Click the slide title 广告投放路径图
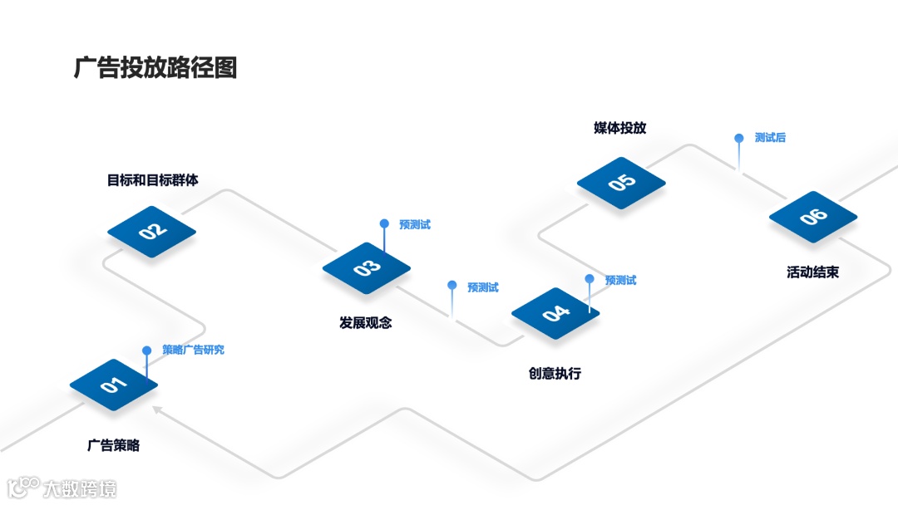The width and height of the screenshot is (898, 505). [155, 67]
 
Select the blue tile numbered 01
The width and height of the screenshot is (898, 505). [113, 385]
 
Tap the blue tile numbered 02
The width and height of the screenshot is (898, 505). [152, 232]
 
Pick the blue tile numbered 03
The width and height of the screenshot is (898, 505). [367, 267]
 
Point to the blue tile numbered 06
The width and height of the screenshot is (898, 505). [812, 217]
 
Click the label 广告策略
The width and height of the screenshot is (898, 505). [114, 445]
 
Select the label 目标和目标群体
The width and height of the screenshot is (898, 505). [153, 179]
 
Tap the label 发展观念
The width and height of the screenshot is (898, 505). [366, 323]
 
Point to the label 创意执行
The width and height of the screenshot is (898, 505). [555, 374]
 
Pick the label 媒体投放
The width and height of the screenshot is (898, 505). [620, 128]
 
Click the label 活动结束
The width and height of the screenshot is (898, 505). [812, 272]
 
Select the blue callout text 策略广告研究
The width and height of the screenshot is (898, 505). [193, 350]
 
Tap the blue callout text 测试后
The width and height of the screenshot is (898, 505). [770, 138]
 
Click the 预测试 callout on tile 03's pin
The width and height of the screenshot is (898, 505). [415, 224]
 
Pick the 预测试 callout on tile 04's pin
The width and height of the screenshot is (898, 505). [620, 281]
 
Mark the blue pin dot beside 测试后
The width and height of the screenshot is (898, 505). [738, 138]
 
